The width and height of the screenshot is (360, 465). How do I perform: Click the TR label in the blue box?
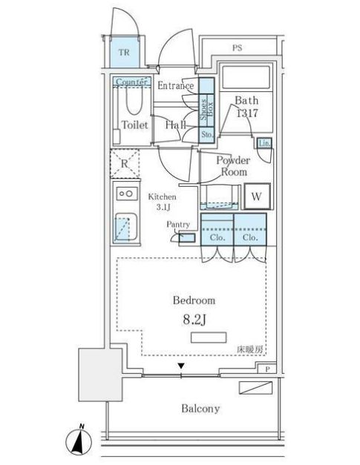(x=125, y=53)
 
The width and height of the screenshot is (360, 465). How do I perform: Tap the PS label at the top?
(x=237, y=48)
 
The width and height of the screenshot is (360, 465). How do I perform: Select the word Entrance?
(x=175, y=86)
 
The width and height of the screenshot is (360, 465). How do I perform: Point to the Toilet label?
(x=135, y=125)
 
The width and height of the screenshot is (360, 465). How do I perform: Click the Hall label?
(x=175, y=125)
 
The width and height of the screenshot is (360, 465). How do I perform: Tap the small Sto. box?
(x=206, y=134)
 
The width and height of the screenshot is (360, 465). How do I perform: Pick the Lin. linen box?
(x=264, y=143)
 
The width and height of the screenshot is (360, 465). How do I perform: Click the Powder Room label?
(x=233, y=166)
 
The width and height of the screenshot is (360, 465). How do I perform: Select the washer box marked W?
(x=255, y=197)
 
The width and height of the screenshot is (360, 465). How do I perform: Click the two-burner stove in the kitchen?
(x=125, y=194)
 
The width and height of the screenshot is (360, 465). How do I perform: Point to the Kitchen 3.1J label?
(x=162, y=202)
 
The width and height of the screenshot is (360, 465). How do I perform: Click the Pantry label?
(x=177, y=224)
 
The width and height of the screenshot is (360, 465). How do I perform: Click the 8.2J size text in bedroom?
(x=194, y=319)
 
